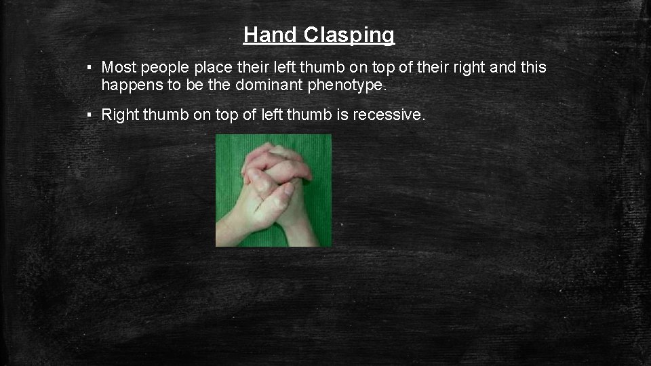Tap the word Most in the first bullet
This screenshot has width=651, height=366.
click(x=118, y=68)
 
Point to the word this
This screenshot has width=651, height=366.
click(x=533, y=68)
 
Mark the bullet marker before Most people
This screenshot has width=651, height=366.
click(x=90, y=68)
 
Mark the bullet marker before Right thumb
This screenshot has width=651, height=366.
click(x=90, y=115)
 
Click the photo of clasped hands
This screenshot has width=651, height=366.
click(x=273, y=190)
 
